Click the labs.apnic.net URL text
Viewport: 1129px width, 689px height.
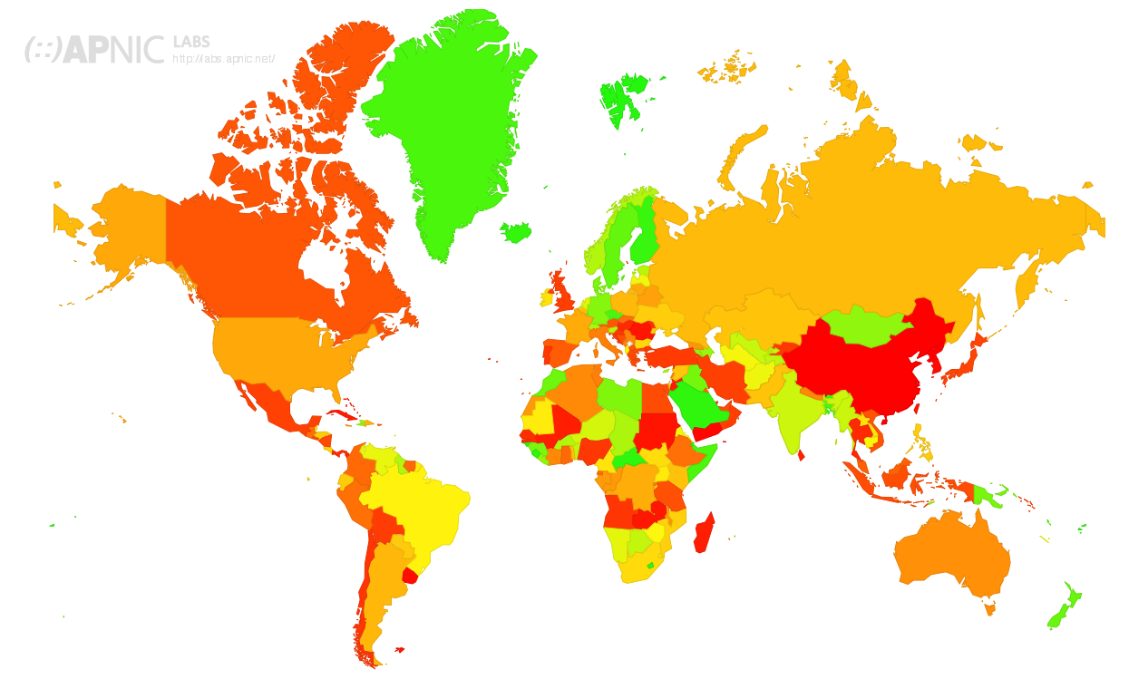coord(223,59)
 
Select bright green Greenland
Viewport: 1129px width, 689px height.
coord(449,127)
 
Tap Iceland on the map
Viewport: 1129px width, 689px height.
coord(517,233)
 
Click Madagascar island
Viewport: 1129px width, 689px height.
coord(704,533)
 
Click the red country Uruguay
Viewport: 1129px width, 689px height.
coord(410,576)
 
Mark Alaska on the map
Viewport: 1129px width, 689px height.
coord(127,227)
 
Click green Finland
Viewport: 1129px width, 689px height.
coord(644,240)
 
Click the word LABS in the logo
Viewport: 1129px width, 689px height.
coord(190,42)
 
